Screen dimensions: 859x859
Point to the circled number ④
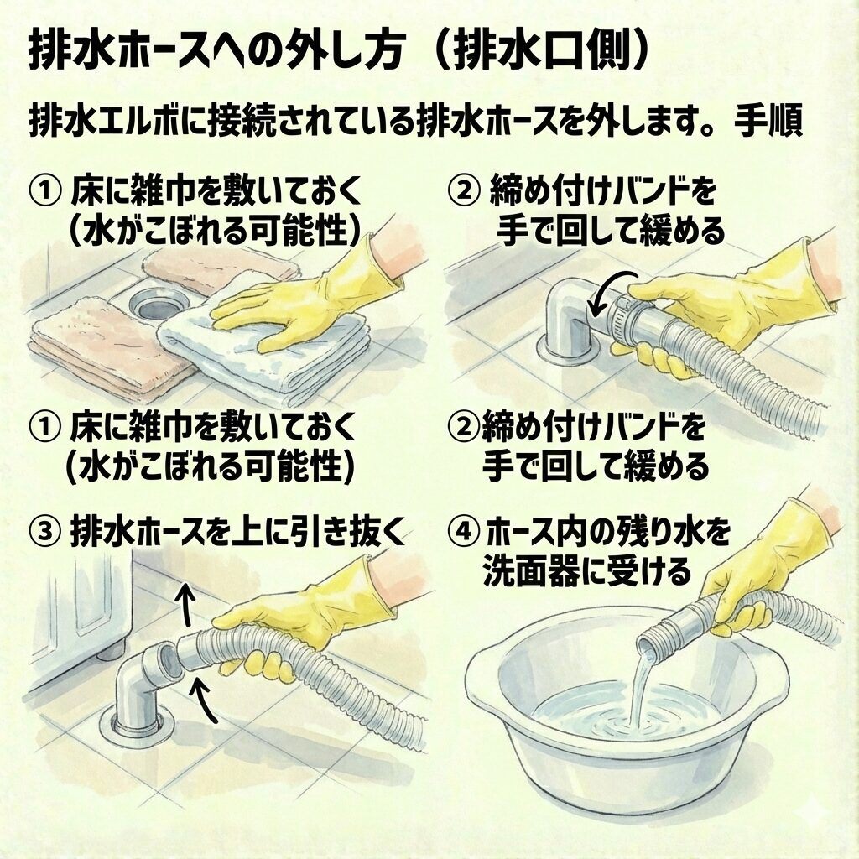tap(463, 532)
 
